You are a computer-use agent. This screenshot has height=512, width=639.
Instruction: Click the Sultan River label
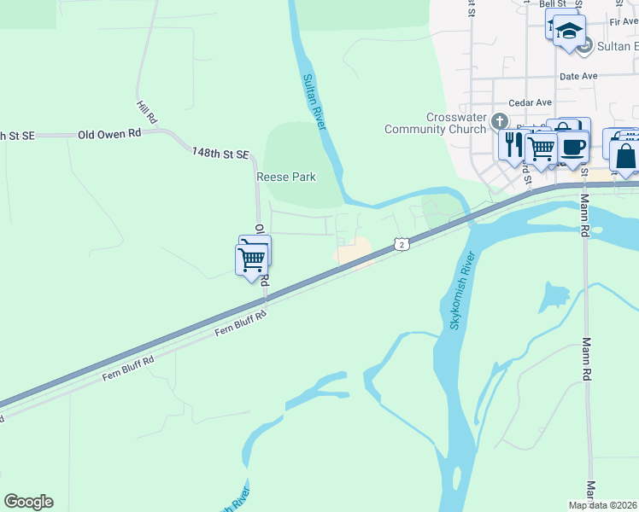[x=314, y=102]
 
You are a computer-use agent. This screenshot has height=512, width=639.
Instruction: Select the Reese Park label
[x=286, y=177]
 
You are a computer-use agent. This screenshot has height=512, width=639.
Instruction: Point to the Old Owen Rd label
[x=109, y=135]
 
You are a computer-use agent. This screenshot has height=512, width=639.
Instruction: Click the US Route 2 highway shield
[x=402, y=245]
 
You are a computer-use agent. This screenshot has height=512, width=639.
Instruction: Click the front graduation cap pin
[x=568, y=32]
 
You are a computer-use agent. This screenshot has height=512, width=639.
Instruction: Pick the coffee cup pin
[x=574, y=146]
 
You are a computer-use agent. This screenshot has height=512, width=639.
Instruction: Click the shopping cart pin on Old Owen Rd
[x=252, y=259]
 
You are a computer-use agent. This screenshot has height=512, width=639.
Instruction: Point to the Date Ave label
[x=577, y=76]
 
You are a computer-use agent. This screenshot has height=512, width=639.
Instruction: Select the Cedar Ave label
[x=526, y=102]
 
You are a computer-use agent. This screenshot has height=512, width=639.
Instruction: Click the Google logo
[x=28, y=501]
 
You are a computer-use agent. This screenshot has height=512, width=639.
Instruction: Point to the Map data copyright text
[x=602, y=505]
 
